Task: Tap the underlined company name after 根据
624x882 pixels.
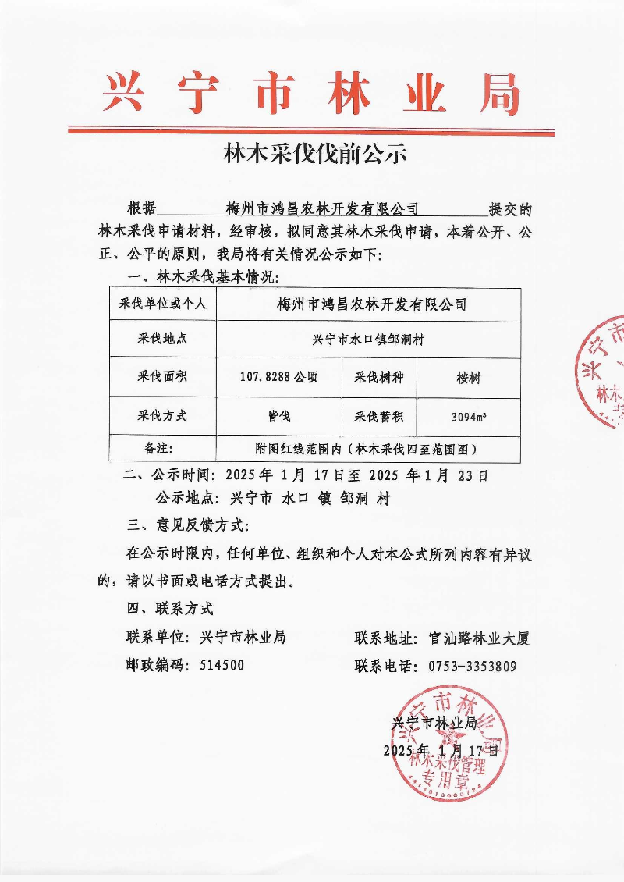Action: point(321,209)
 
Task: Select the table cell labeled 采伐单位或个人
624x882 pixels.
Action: point(162,303)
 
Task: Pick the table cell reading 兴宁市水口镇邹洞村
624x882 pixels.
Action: point(367,340)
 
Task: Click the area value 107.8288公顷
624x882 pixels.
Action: point(278,378)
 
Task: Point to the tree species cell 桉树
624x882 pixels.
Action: point(469,379)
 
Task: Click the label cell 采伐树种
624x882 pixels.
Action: point(380,379)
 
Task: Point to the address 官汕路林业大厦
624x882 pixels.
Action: point(479,638)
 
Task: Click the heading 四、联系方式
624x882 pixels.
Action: point(170,608)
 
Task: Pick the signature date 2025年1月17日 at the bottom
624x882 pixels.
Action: point(440,751)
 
